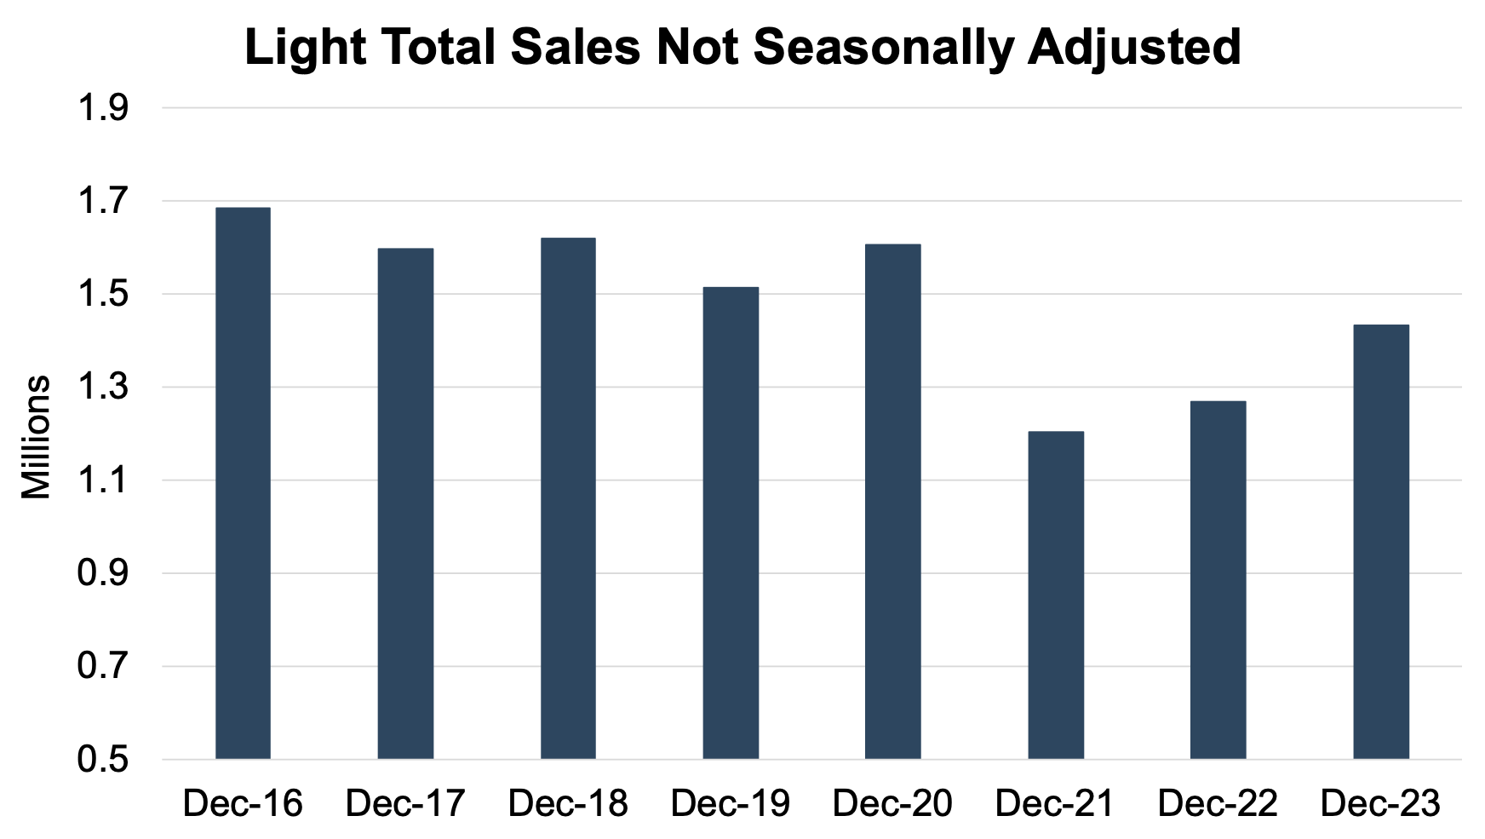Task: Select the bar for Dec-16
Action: coord(243,483)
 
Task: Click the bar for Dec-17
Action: coord(405,503)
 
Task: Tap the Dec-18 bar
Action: coord(568,498)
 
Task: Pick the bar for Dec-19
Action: coord(731,523)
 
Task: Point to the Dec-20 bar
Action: coord(892,502)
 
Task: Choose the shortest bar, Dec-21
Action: coord(1056,595)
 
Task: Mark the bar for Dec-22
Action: coord(1218,579)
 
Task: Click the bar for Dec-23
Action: coord(1380,542)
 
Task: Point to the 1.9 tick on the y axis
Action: coord(103,109)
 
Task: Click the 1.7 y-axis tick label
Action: coord(103,202)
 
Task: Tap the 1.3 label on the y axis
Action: coord(103,388)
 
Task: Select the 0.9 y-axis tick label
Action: coord(103,573)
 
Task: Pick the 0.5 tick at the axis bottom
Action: coord(103,759)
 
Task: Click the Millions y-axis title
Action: coord(37,436)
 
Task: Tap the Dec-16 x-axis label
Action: coord(243,803)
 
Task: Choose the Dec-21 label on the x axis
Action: coord(1055,803)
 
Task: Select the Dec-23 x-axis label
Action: coord(1380,803)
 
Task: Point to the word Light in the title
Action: coord(304,48)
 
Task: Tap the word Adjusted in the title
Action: coord(1134,48)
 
